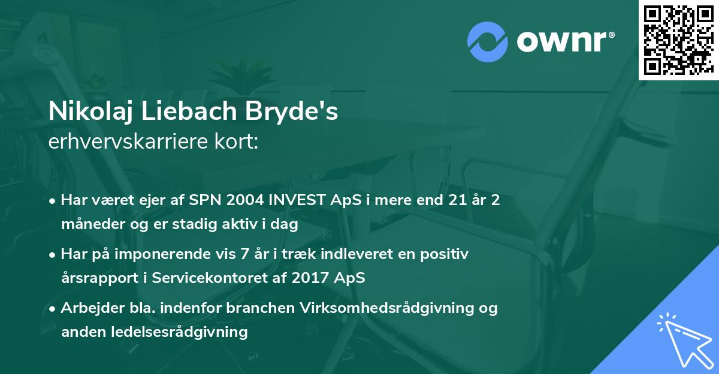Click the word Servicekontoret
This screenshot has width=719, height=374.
click(x=200, y=279)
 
